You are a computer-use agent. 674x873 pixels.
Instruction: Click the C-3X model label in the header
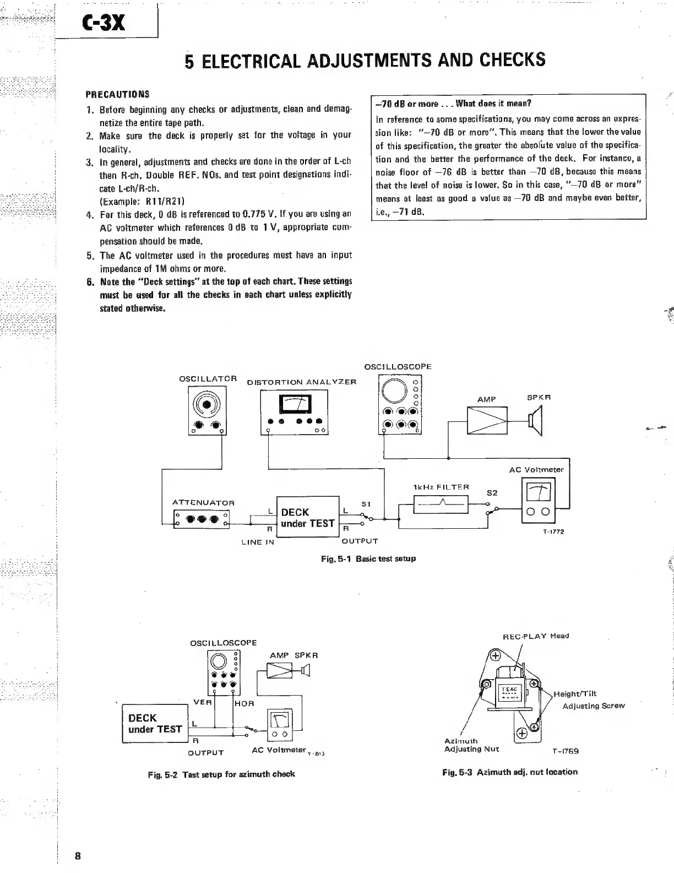click(105, 23)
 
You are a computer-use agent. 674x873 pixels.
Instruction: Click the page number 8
click(78, 855)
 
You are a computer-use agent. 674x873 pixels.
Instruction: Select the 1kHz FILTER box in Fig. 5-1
click(441, 504)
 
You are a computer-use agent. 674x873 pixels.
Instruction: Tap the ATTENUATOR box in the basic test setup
click(202, 519)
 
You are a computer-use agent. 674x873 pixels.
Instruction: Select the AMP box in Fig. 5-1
click(486, 421)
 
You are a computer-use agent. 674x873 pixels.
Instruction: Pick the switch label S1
click(366, 503)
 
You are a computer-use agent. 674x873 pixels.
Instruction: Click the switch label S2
click(492, 493)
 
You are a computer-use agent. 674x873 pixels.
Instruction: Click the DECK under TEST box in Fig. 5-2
click(155, 724)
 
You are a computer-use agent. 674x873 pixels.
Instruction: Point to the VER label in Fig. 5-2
click(199, 702)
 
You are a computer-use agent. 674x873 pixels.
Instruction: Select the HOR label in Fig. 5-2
click(244, 703)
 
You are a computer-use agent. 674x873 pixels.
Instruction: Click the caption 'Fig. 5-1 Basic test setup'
click(368, 558)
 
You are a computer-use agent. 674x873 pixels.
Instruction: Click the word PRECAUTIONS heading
click(117, 94)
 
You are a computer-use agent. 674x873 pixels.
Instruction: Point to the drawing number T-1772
click(553, 532)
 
